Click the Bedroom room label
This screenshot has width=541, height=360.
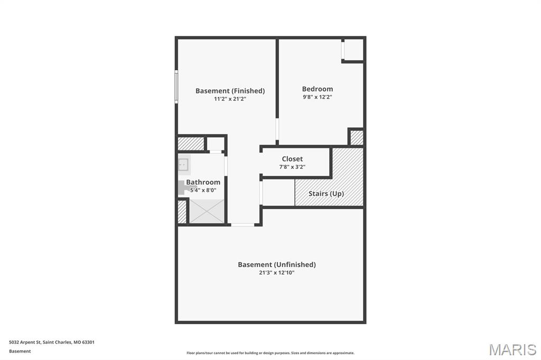[318, 89]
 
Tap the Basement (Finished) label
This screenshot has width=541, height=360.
[230, 91]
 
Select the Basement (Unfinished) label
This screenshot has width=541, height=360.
[276, 264]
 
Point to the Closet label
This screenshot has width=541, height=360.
[292, 159]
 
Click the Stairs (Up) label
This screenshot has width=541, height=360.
[326, 194]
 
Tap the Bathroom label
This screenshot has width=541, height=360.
[203, 182]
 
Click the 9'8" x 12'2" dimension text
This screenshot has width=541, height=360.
[318, 97]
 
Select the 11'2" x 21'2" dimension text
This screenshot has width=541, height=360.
[230, 99]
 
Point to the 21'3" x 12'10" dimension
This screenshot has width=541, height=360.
[276, 273]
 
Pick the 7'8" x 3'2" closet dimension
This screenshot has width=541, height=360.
[292, 167]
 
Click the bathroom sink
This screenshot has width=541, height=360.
[183, 165]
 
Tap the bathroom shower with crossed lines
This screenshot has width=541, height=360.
[207, 211]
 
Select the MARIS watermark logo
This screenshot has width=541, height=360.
[512, 349]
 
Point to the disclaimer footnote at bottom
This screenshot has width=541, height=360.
[270, 353]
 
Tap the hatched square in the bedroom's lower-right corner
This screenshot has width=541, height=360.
[357, 137]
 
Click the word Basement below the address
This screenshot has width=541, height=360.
[20, 351]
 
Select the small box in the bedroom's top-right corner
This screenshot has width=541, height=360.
[353, 50]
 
